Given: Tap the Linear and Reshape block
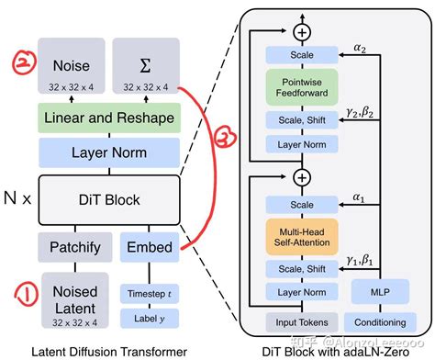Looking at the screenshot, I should (107, 118).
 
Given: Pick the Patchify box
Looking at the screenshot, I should (71, 246).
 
